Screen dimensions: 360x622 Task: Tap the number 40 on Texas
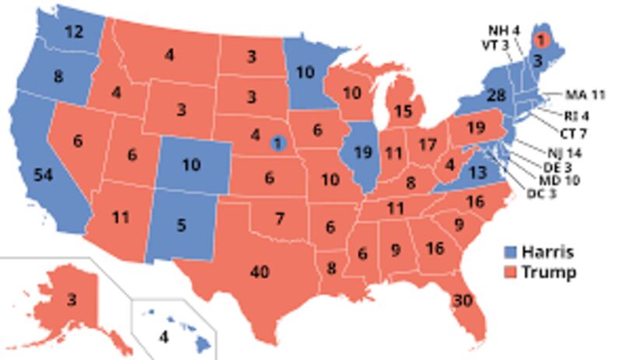click(260, 272)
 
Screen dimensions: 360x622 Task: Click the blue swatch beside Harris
click(510, 252)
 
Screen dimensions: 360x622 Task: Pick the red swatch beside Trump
click(510, 273)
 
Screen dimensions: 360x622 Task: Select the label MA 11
click(585, 96)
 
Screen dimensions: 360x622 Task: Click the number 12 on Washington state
click(74, 33)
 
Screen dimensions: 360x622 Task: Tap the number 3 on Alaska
click(71, 299)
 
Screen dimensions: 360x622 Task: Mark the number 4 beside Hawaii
click(163, 337)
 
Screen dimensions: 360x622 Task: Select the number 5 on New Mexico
click(180, 226)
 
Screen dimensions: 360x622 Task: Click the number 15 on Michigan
click(403, 112)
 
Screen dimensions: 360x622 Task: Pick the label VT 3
click(495, 44)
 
